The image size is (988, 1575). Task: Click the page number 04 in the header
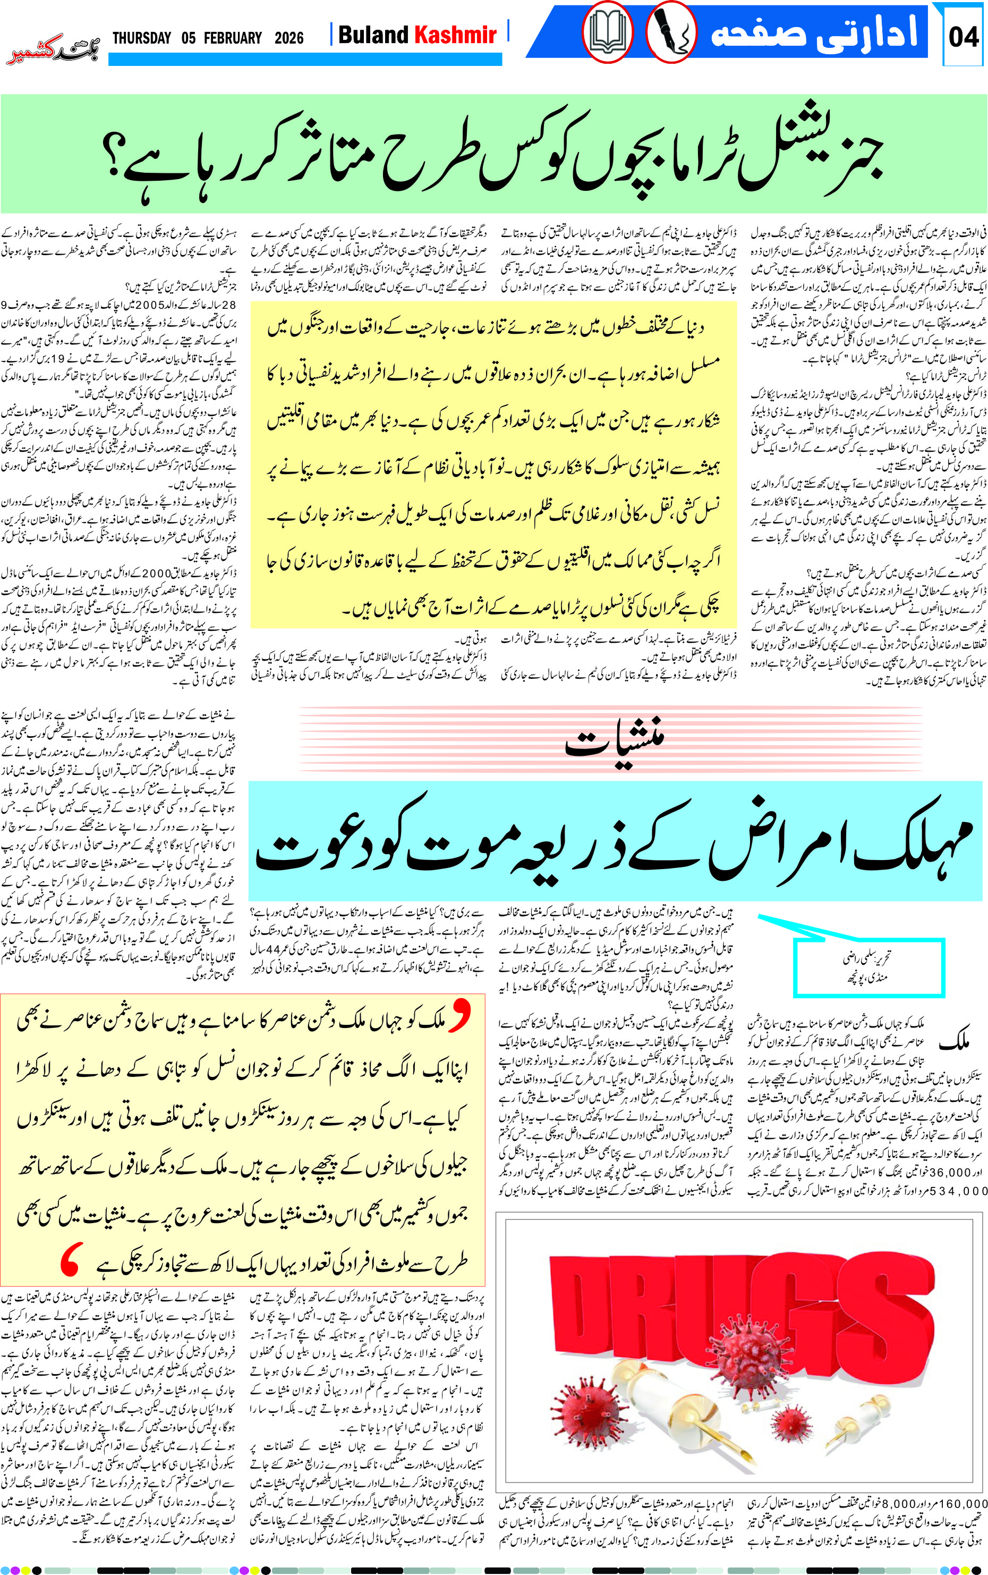click(963, 37)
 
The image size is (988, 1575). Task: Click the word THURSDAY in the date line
click(142, 38)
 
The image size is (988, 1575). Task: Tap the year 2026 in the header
click(289, 38)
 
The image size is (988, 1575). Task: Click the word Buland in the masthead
click(373, 35)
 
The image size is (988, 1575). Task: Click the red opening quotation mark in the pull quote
click(460, 1017)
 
